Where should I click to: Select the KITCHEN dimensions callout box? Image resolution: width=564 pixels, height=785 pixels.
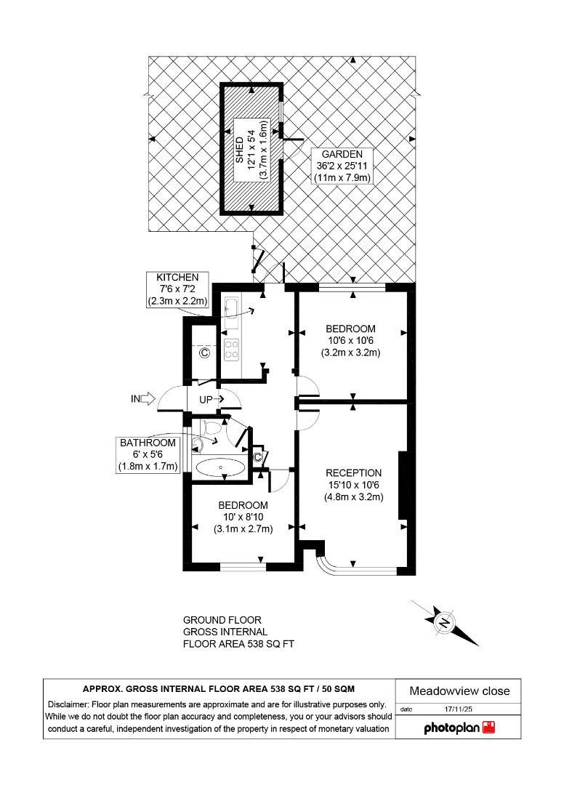pos(178,289)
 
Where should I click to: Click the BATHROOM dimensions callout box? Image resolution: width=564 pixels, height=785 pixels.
pos(148,454)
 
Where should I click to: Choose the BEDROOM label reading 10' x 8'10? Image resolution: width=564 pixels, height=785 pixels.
pos(243,517)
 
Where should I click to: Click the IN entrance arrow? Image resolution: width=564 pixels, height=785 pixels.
pos(143,398)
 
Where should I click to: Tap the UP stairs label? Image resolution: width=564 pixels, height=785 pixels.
pos(206,399)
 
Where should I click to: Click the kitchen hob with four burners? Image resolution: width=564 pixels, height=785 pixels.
pos(232,350)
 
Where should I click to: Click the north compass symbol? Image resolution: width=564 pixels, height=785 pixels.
pos(444,622)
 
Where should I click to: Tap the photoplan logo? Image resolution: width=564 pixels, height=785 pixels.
pos(459,727)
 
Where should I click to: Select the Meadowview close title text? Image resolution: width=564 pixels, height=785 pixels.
pos(459,691)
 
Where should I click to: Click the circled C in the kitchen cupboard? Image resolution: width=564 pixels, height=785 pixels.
pos(204,353)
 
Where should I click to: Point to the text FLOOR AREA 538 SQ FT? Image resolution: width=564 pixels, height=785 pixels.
pos(238,644)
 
